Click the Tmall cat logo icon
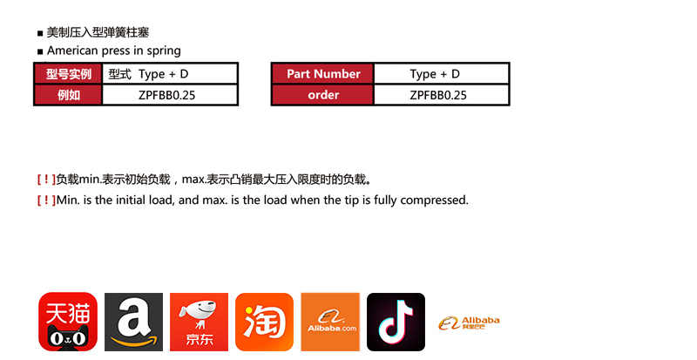[x=68, y=322]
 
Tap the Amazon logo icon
[x=134, y=322]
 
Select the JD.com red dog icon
[x=200, y=322]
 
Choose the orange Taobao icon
[x=265, y=322]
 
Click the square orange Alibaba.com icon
[x=330, y=322]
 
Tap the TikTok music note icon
[x=396, y=322]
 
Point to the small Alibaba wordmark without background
[x=469, y=323]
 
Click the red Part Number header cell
[x=323, y=74]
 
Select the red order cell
[x=323, y=95]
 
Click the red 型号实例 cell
[x=69, y=74]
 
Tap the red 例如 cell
[x=69, y=95]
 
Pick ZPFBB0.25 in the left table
[x=166, y=95]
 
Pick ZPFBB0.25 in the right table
[x=438, y=95]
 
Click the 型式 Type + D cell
[x=170, y=74]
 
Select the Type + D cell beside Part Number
[x=442, y=74]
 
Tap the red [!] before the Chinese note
[x=46, y=180]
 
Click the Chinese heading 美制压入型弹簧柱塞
[x=98, y=32]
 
